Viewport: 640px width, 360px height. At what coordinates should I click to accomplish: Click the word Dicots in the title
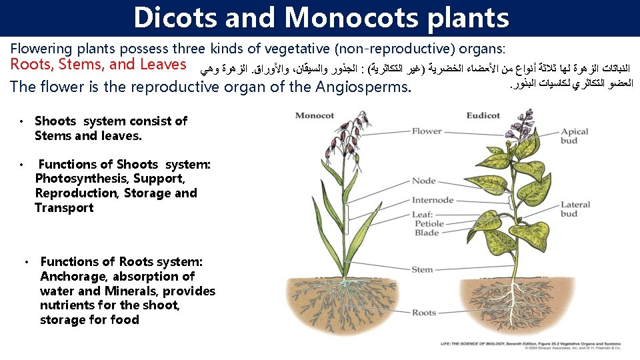coord(175,18)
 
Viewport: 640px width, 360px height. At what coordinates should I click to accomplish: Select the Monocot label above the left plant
coord(315,115)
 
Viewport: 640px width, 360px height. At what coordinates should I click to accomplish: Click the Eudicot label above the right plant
coord(483,115)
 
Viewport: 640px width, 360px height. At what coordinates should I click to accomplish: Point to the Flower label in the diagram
coord(427,131)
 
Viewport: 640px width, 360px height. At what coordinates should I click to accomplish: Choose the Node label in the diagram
coord(423,181)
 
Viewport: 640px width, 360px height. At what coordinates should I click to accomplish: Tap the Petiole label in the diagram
coord(429,224)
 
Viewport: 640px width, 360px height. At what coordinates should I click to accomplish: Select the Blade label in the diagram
coord(427,233)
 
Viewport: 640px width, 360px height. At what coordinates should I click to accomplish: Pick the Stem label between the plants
coord(422,269)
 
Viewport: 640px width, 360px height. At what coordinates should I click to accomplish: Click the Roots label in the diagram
coord(424,312)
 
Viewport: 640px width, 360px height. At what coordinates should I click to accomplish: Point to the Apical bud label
coord(574,137)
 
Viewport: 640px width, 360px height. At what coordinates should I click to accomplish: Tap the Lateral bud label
coord(575,209)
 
